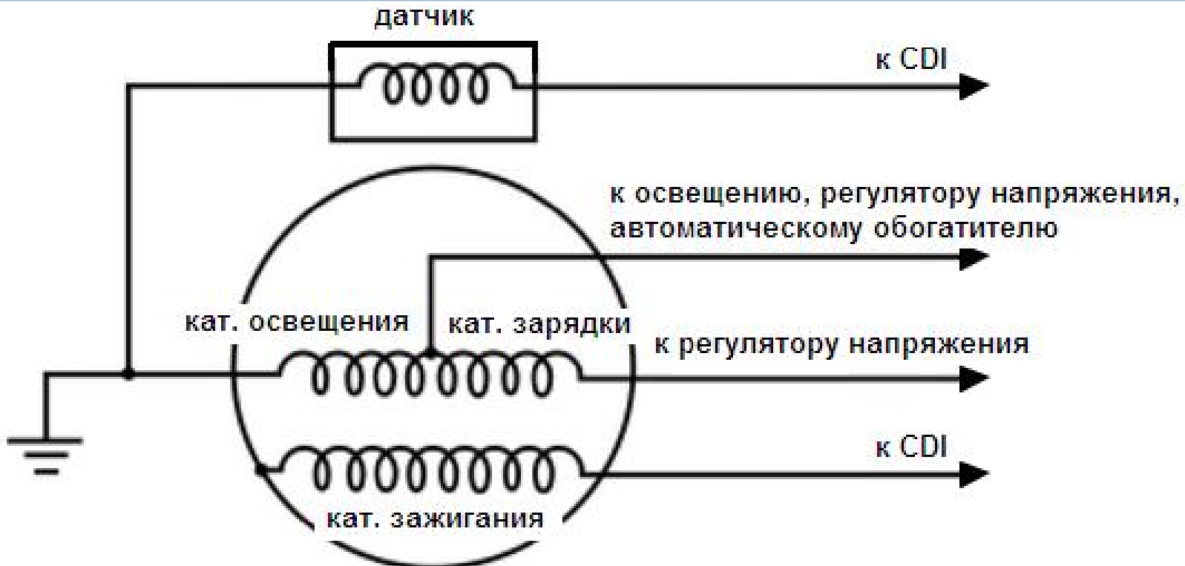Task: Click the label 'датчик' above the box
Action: point(424,16)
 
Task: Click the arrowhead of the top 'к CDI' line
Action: point(973,86)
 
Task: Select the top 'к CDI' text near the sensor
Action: point(911,59)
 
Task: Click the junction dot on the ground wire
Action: point(128,375)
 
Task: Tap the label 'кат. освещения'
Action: point(297,322)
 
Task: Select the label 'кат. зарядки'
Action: point(539,324)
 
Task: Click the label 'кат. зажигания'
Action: point(435,518)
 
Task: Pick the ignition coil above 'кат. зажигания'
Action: point(434,470)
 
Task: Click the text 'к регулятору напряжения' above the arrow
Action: point(841,344)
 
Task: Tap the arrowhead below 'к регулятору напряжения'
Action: point(973,378)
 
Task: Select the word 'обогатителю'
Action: point(965,227)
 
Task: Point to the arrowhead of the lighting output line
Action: point(973,257)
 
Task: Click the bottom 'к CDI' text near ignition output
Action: point(911,447)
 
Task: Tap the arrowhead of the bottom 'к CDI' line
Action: point(973,473)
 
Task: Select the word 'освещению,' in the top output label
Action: point(714,194)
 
